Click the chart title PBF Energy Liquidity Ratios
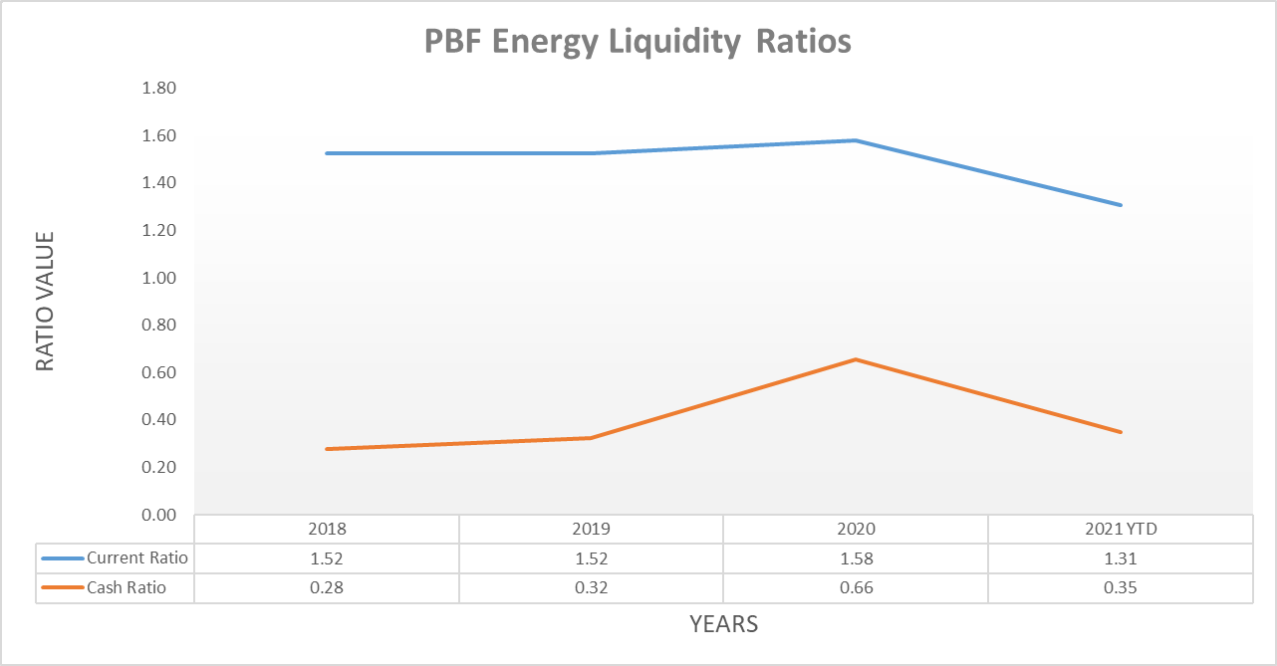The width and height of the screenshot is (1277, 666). [x=638, y=42]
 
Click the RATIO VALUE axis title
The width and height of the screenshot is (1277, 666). [x=46, y=301]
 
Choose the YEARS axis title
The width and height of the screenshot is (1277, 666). [x=723, y=625]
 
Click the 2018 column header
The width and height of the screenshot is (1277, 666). [x=327, y=530]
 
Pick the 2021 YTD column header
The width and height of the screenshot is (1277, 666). [x=1121, y=530]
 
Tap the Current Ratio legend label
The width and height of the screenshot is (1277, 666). [x=137, y=558]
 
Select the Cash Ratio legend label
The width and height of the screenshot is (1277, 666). [x=126, y=588]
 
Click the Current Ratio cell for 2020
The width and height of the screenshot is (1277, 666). [x=856, y=558]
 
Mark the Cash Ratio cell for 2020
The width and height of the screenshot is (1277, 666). [x=856, y=588]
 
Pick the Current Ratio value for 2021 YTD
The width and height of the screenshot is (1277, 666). [x=1121, y=558]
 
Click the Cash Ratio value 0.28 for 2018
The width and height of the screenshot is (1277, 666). [x=327, y=588]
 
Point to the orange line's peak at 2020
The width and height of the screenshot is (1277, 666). [x=856, y=359]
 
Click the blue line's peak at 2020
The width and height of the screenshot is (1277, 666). [x=856, y=140]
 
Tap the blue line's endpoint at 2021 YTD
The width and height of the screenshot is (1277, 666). [x=1121, y=205]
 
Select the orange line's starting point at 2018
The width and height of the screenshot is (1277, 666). [x=327, y=449]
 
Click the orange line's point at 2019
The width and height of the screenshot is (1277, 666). [x=592, y=438]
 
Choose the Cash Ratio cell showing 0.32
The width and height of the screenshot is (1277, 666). [x=592, y=588]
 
